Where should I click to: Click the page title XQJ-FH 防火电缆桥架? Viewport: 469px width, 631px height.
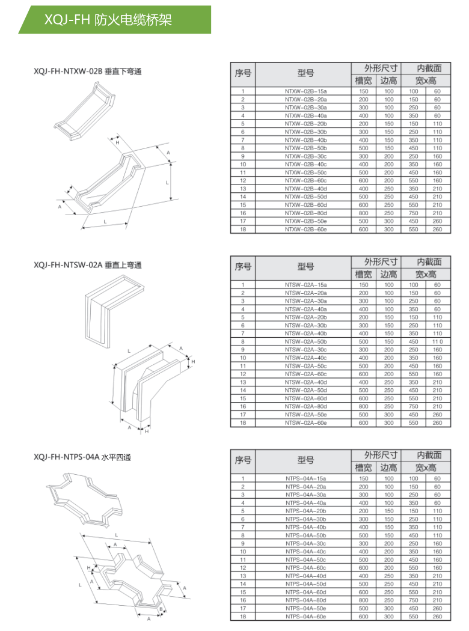point(108,20)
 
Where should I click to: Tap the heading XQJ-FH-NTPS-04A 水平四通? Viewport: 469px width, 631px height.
point(82,457)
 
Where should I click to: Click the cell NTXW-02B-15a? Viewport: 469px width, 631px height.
point(305,91)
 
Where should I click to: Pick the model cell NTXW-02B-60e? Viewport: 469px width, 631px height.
point(305,229)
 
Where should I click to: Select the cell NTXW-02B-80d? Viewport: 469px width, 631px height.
point(305,213)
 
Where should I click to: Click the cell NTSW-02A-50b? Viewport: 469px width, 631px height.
point(305,341)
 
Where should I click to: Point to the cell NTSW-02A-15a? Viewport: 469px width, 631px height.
point(305,284)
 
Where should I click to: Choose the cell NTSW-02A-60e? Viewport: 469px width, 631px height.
point(305,422)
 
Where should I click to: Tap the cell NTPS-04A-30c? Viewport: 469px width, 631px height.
point(305,543)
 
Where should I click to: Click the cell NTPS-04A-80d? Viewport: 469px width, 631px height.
point(305,600)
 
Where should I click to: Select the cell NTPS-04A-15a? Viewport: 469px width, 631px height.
point(305,478)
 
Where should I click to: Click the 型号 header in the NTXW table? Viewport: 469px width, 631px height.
point(305,73)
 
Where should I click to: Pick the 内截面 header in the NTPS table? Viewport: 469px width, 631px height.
point(426,455)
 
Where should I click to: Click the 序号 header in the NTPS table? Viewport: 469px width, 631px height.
point(243,460)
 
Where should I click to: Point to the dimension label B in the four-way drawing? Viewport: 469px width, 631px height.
point(161,609)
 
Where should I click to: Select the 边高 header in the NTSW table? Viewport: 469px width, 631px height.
point(388,274)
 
